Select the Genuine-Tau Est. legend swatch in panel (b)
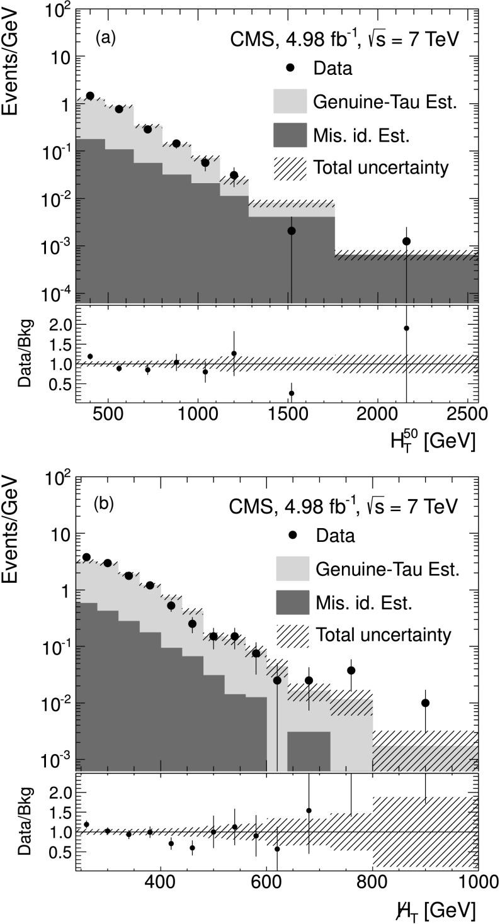click(292, 570)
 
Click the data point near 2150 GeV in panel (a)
click(407, 241)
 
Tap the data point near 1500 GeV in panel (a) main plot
click(291, 231)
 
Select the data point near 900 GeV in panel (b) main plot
click(426, 703)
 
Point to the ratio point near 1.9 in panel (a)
click(407, 328)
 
